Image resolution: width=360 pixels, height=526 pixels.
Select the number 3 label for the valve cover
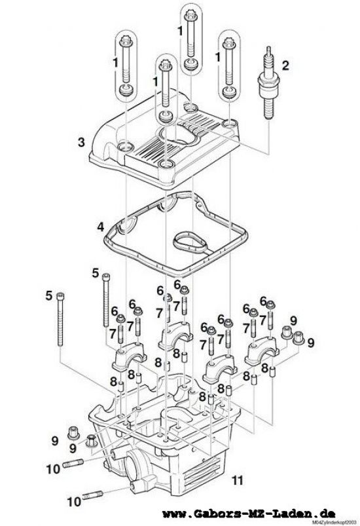point(81,141)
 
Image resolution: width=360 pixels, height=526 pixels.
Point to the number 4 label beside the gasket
point(100,227)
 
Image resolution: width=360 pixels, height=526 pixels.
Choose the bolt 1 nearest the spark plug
point(229,66)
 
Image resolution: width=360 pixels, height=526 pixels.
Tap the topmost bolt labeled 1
point(190,36)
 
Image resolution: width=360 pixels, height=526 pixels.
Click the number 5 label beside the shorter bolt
point(95,272)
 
